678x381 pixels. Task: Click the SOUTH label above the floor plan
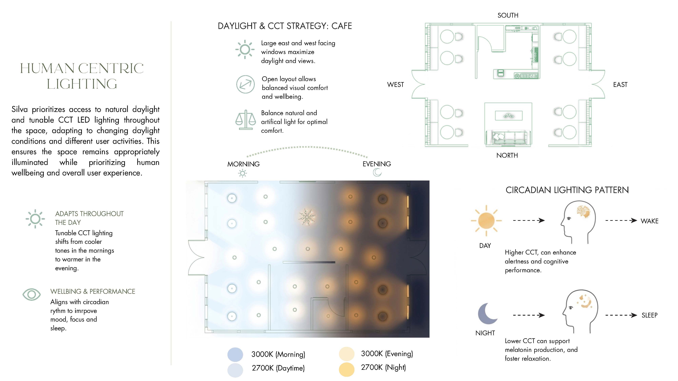click(x=508, y=15)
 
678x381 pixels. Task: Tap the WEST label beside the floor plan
click(x=395, y=85)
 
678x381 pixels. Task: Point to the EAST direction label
click(x=620, y=85)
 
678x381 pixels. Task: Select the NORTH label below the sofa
click(x=507, y=155)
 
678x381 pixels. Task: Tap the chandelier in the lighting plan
click(x=307, y=217)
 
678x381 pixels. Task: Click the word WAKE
click(x=649, y=221)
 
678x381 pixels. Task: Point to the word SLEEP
click(x=649, y=315)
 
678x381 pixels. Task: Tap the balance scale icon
click(x=245, y=120)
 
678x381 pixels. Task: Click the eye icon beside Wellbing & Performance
click(x=32, y=294)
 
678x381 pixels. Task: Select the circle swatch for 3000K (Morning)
click(x=235, y=354)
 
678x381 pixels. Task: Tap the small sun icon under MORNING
click(x=242, y=173)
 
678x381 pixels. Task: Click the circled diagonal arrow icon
click(x=245, y=84)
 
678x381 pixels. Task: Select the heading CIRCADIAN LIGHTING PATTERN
click(x=567, y=190)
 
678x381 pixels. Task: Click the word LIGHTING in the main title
click(x=82, y=84)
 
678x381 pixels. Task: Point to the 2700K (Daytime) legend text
click(x=278, y=368)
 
